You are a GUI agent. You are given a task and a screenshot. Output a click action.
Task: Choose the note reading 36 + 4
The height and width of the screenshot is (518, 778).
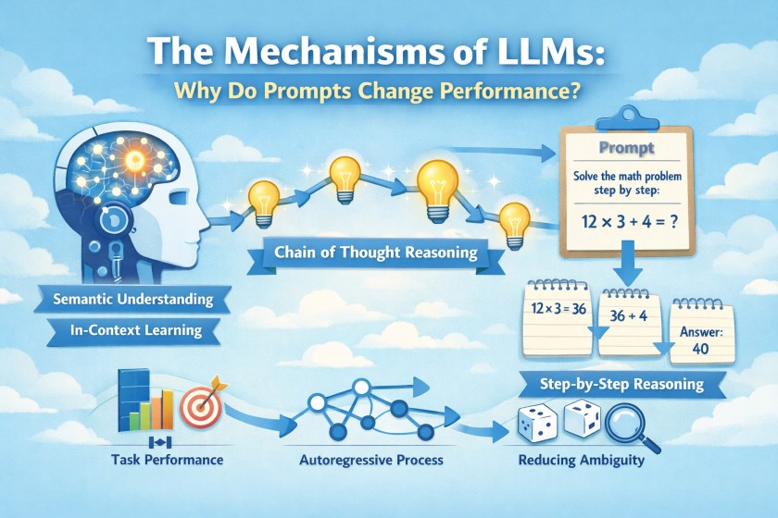[630, 315]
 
